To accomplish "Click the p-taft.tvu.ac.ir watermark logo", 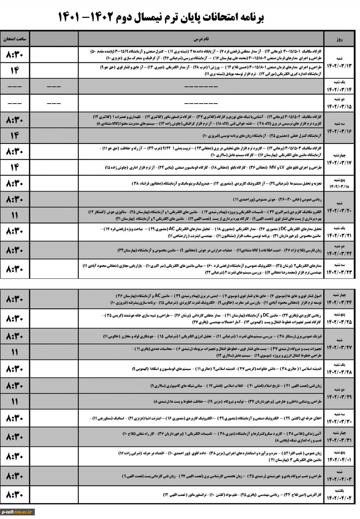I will pyautogui.click(x=18, y=511).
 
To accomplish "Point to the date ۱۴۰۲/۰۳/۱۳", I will pyautogui.click(x=339, y=66).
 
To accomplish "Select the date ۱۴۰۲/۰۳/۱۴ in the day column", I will pyautogui.click(x=339, y=90).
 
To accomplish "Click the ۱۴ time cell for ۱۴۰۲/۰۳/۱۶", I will pyautogui.click(x=15, y=136).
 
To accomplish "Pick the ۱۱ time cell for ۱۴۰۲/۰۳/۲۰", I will pyautogui.click(x=15, y=215).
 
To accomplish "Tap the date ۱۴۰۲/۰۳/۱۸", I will pyautogui.click(x=339, y=186).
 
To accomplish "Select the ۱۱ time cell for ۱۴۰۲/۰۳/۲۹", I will pyautogui.click(x=15, y=401).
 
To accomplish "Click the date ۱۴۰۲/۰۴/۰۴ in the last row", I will pyautogui.click(x=339, y=497).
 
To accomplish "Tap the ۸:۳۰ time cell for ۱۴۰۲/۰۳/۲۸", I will pyautogui.click(x=15, y=368).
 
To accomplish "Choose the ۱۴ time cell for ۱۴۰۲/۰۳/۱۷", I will pyautogui.click(x=15, y=167).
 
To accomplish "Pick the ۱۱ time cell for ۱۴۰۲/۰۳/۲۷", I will pyautogui.click(x=15, y=352).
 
